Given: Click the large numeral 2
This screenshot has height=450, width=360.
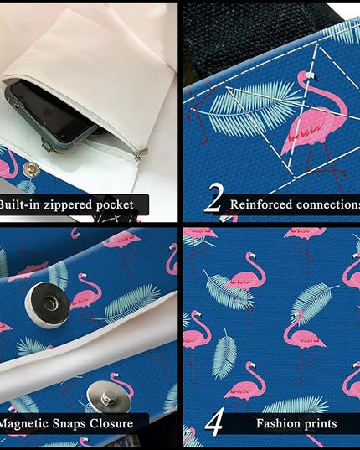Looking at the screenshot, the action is point(213,199).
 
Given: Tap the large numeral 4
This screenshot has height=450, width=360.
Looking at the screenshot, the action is point(214,422).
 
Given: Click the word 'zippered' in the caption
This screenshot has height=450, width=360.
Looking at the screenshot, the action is point(68,205).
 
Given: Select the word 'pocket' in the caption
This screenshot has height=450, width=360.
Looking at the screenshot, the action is point(115,205).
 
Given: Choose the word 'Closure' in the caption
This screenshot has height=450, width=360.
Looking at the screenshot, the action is point(111,423).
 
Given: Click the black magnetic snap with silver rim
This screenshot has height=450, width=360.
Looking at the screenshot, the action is point(47,305).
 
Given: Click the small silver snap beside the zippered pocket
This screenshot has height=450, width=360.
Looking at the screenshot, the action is point(31,169).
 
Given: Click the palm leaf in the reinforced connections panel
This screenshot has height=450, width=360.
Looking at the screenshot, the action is point(252,107).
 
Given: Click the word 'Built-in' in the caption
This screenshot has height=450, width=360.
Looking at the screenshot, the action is point(19,204).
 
